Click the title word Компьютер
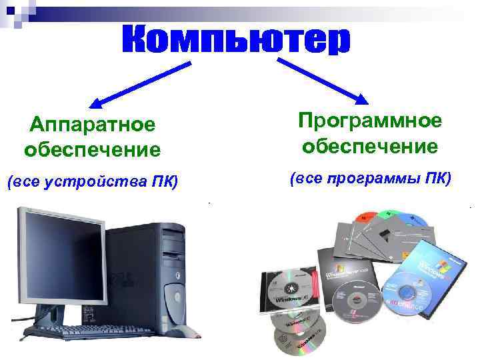[x=235, y=41]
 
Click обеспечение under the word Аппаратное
[x=92, y=149]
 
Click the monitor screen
[x=60, y=254]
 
